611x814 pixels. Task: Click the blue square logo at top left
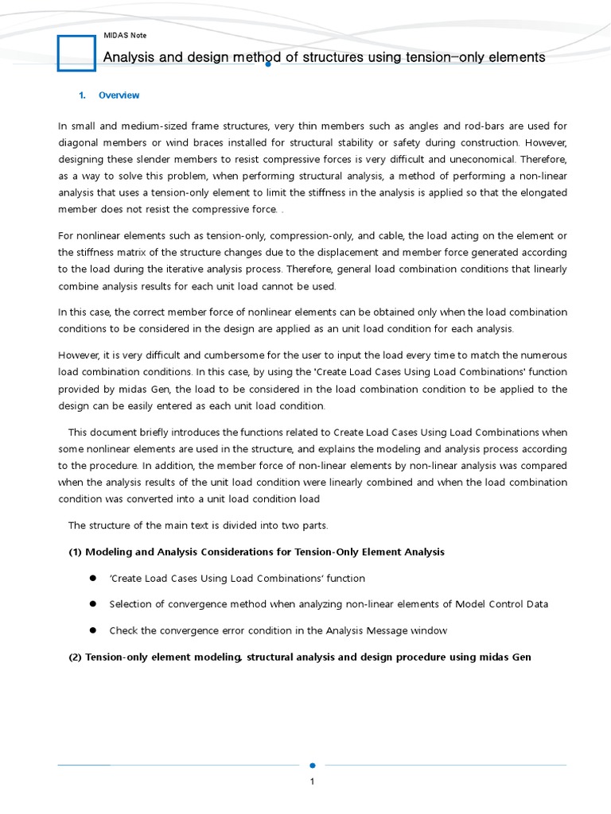point(76,52)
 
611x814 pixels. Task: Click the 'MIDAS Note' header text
point(125,36)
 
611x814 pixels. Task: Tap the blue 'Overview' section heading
point(119,95)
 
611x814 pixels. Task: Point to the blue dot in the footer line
point(312,766)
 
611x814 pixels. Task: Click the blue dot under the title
point(269,64)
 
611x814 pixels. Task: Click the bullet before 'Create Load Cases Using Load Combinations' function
point(92,578)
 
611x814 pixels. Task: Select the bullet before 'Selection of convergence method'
point(92,604)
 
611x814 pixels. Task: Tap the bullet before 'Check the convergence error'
point(92,630)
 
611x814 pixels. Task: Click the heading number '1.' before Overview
point(82,95)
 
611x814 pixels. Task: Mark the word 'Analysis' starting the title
point(130,57)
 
